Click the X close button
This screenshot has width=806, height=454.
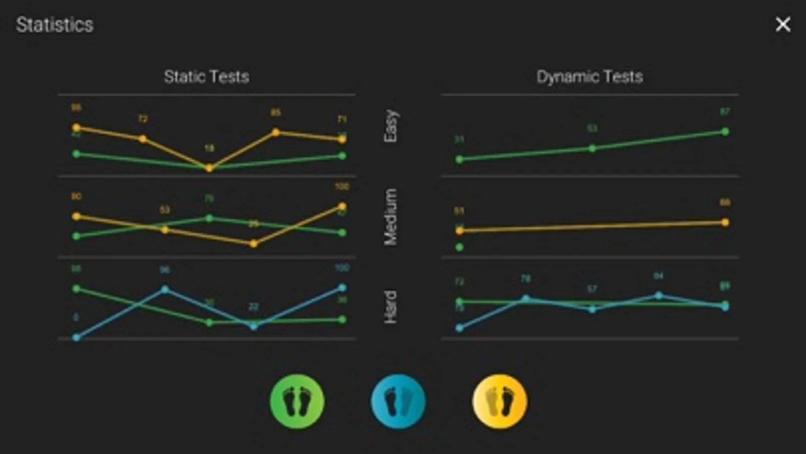point(783,24)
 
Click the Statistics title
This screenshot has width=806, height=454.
point(54,25)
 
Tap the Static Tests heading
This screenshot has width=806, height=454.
point(206,77)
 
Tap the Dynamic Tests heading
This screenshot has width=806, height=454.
point(589,77)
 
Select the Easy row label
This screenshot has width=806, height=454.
point(391,126)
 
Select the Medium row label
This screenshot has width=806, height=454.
point(391,217)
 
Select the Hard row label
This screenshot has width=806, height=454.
point(391,307)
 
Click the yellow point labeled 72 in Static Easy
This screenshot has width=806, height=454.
point(143,139)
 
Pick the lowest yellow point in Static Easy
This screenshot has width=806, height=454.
point(209,168)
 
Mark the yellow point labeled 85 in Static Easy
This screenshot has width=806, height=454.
point(276,132)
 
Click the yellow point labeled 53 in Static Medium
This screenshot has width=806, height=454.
point(165,230)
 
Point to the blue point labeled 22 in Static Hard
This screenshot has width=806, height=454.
point(254,326)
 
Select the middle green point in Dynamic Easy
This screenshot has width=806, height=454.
point(592,148)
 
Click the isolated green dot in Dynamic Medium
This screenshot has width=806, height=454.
point(459,247)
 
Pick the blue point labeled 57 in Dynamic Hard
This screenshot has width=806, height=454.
point(592,309)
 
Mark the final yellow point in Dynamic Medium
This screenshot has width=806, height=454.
point(725,222)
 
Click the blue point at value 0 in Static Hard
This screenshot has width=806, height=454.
point(77,337)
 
